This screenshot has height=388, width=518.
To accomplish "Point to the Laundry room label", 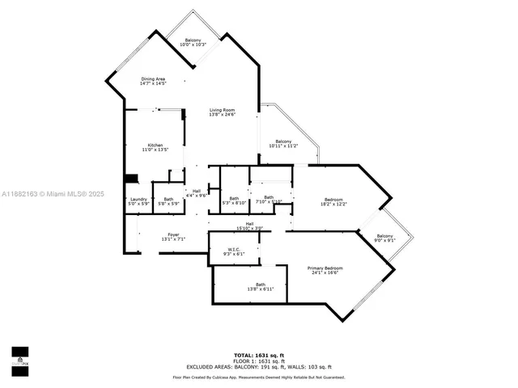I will pyautogui.click(x=138, y=200).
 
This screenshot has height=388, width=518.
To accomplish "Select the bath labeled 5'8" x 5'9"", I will pyautogui.click(x=168, y=200).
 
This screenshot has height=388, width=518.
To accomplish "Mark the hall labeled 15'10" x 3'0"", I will pyautogui.click(x=250, y=226).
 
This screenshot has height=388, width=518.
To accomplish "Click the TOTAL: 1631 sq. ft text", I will pyautogui.click(x=259, y=355).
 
